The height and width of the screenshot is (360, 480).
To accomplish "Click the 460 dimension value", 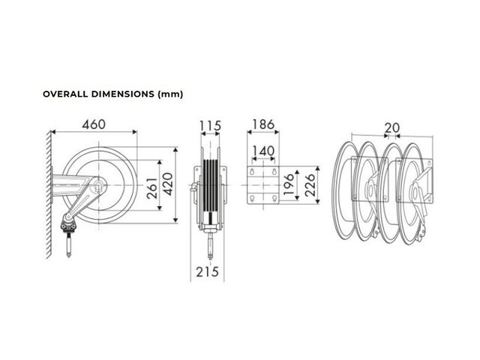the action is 94,124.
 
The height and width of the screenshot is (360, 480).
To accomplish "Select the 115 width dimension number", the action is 210,126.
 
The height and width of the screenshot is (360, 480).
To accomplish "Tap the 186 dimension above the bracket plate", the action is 263,124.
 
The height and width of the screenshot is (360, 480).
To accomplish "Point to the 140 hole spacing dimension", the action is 263,151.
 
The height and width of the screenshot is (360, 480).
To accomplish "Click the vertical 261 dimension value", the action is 152,188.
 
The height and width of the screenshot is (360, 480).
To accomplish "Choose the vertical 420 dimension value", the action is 167,184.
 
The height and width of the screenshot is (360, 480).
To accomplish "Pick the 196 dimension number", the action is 288,184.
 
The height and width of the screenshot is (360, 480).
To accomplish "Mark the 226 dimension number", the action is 310,185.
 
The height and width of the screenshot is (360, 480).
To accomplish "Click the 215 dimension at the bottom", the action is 208,271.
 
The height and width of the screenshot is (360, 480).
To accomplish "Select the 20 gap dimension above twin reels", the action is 391,128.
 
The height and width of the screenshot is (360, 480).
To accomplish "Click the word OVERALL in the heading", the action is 65,94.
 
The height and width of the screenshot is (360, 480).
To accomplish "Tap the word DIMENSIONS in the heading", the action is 123,94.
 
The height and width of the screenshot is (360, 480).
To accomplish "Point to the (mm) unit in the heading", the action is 170,94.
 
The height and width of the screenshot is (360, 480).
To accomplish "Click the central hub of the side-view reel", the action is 99,185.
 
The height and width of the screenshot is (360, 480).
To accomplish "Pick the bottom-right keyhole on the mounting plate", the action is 274,199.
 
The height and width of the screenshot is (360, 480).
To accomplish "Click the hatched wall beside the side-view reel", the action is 48,195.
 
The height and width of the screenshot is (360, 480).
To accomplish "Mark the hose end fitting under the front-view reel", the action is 210,245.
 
